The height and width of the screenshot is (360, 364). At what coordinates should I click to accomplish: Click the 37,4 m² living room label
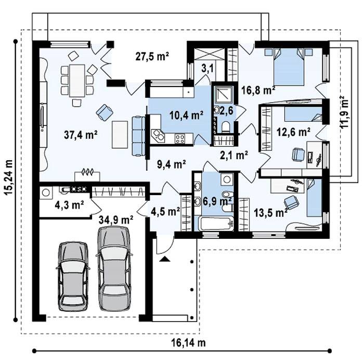pyautogui.click(x=81, y=135)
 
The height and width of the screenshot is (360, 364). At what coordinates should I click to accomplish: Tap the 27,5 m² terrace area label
pyautogui.click(x=152, y=56)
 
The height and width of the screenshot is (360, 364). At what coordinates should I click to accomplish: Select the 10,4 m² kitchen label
pyautogui.click(x=186, y=114)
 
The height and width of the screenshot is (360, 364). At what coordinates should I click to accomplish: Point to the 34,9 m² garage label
pyautogui.click(x=116, y=219)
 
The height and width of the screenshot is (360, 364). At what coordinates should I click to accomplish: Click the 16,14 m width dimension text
pyautogui.click(x=188, y=343)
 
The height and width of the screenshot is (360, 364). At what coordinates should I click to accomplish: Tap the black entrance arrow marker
pyautogui.click(x=165, y=259)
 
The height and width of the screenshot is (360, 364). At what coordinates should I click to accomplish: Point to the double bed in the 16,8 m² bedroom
pyautogui.click(x=289, y=67)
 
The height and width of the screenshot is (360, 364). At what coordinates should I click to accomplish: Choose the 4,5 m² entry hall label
pyautogui.click(x=165, y=211)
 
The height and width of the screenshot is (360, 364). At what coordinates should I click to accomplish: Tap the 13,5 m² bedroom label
pyautogui.click(x=271, y=212)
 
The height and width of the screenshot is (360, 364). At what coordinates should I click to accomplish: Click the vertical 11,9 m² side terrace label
pyautogui.click(x=344, y=112)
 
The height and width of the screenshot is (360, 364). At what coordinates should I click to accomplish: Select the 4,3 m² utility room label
pyautogui.click(x=69, y=205)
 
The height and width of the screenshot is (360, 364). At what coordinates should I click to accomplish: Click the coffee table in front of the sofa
pyautogui.click(x=120, y=135)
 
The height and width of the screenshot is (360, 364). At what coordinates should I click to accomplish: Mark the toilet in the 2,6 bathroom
pyautogui.click(x=226, y=127)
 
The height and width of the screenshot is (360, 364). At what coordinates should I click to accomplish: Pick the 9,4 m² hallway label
pyautogui.click(x=171, y=164)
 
